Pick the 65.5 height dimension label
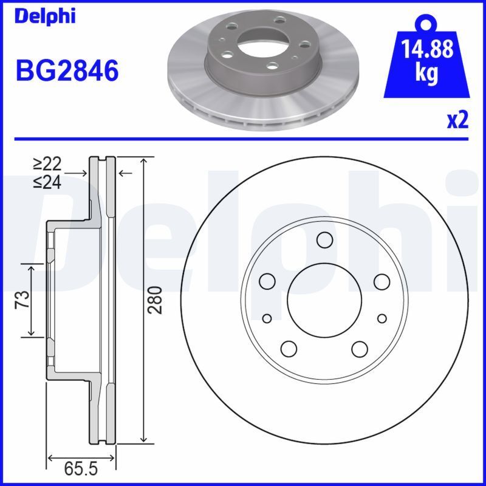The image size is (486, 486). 81,470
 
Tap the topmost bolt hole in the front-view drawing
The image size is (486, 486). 324,240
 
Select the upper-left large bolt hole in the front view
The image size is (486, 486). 267,281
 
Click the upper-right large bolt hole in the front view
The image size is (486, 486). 382,281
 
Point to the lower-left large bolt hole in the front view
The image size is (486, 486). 289,349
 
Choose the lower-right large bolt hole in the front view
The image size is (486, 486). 360,349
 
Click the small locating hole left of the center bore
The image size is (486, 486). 267,318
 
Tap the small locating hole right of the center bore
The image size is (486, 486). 382,318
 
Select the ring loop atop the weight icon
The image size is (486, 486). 428,23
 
